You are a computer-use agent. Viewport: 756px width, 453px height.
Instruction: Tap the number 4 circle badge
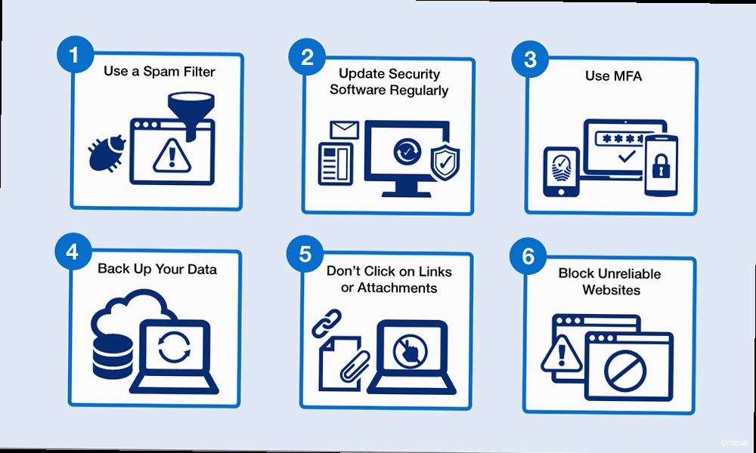pos(73,251)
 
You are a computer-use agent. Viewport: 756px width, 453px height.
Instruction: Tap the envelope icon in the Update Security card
pos(342,129)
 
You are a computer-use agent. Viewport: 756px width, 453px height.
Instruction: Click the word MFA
pos(625,76)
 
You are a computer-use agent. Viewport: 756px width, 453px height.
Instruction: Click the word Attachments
pos(397,288)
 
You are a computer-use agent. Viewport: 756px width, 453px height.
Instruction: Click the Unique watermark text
pos(733,442)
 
